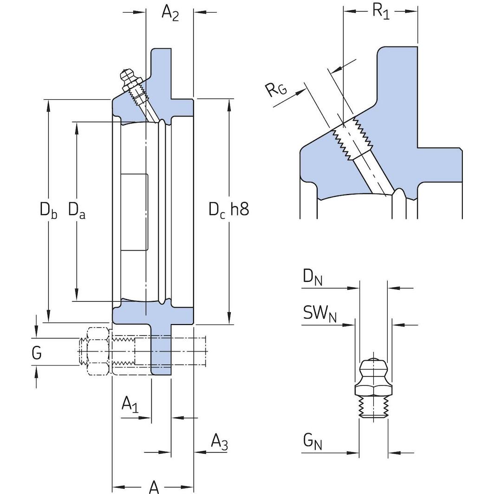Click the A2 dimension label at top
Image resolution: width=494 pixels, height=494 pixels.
tap(170, 13)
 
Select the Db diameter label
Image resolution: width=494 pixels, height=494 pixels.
tap(48, 210)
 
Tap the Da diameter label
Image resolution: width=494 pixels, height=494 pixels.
tap(77, 210)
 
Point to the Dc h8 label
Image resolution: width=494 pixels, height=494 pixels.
tap(228, 209)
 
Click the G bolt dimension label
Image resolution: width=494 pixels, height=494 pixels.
tap(37, 353)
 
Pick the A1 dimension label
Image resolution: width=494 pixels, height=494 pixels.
tap(130, 404)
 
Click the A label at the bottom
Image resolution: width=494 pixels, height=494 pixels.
tap(154, 487)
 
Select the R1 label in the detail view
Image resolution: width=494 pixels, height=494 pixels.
tap(381, 11)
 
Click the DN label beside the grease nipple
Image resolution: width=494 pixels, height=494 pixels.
tap(313, 277)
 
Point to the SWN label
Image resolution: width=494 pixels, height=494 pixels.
tap(319, 314)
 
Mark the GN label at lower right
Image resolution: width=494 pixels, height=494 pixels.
tap(312, 442)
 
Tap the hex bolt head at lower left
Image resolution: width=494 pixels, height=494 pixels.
tap(96, 351)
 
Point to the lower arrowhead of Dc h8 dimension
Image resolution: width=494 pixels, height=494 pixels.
tap(229, 320)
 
